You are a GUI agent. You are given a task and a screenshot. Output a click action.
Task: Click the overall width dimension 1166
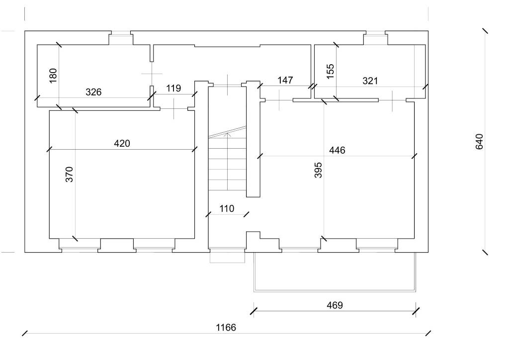click(x=226, y=327)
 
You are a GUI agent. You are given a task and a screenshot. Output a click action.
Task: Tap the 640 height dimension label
click(x=479, y=141)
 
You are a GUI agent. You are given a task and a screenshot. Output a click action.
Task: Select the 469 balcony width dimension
click(x=335, y=305)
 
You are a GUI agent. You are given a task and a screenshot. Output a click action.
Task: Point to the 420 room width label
click(x=122, y=144)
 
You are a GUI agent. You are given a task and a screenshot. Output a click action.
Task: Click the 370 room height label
click(x=70, y=174)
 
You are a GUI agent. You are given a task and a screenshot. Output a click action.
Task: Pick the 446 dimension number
click(x=337, y=150)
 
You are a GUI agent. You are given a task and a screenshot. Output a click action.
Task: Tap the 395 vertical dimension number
click(x=319, y=170)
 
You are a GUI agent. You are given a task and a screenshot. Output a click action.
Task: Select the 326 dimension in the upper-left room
click(x=93, y=92)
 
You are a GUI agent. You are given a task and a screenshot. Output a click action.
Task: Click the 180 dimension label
click(x=54, y=75)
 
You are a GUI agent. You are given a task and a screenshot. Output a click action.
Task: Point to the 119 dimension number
click(x=173, y=89)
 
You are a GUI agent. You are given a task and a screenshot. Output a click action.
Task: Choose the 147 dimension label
click(x=285, y=80)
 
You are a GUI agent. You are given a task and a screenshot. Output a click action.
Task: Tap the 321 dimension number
click(x=370, y=81)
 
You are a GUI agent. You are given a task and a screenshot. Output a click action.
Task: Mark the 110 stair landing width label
click(x=226, y=209)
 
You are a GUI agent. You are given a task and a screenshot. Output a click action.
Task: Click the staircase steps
click(x=227, y=164)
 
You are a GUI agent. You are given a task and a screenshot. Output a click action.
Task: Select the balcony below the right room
click(x=334, y=271)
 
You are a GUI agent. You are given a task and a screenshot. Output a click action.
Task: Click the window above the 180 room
click(x=120, y=34)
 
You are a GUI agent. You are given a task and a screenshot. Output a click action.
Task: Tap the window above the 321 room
click(x=375, y=34)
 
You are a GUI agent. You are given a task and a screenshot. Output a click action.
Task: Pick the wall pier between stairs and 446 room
click(x=254, y=139)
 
